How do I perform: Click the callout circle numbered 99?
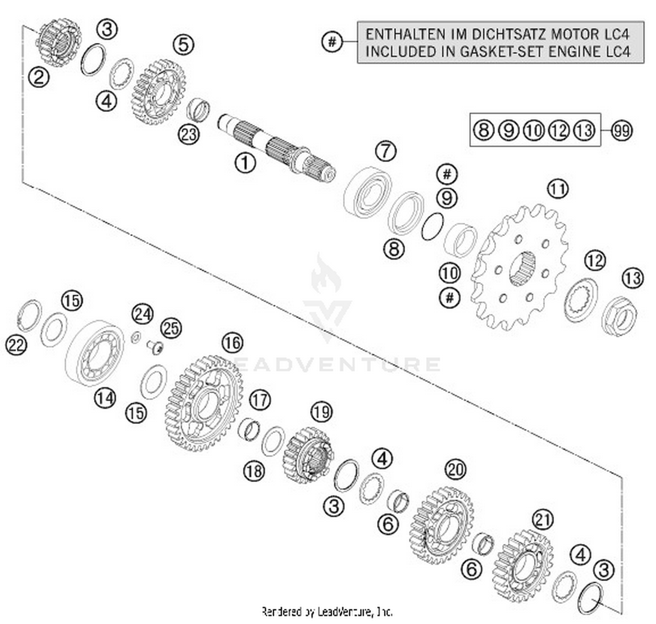point(621,130)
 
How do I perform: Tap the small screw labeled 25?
point(155,348)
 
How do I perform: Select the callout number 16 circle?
point(232,342)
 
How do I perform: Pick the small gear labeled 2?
point(59,42)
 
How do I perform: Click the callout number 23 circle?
point(188,134)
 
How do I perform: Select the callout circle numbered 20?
point(455,469)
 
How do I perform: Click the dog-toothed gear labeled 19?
point(308,456)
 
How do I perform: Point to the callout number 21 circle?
point(543,520)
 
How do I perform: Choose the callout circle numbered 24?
point(143,314)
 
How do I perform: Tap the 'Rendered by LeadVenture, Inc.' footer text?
point(327,611)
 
